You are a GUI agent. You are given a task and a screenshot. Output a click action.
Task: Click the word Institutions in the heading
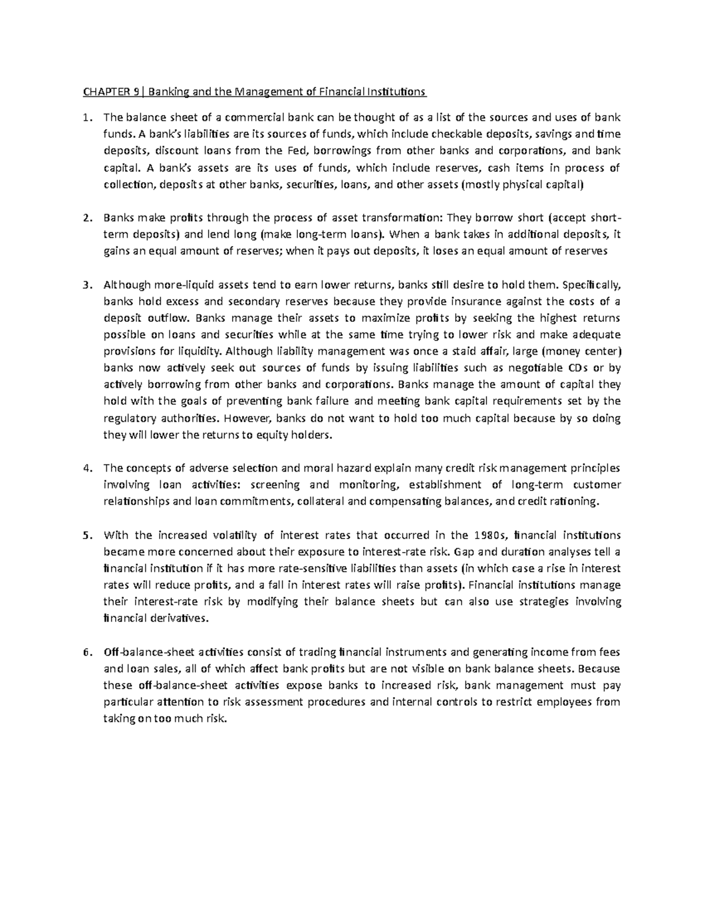[x=399, y=92]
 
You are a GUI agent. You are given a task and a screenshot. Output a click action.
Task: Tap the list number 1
[x=86, y=117]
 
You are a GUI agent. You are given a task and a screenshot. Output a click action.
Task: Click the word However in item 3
[x=249, y=419]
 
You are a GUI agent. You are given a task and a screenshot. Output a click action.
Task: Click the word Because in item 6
[x=599, y=668]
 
